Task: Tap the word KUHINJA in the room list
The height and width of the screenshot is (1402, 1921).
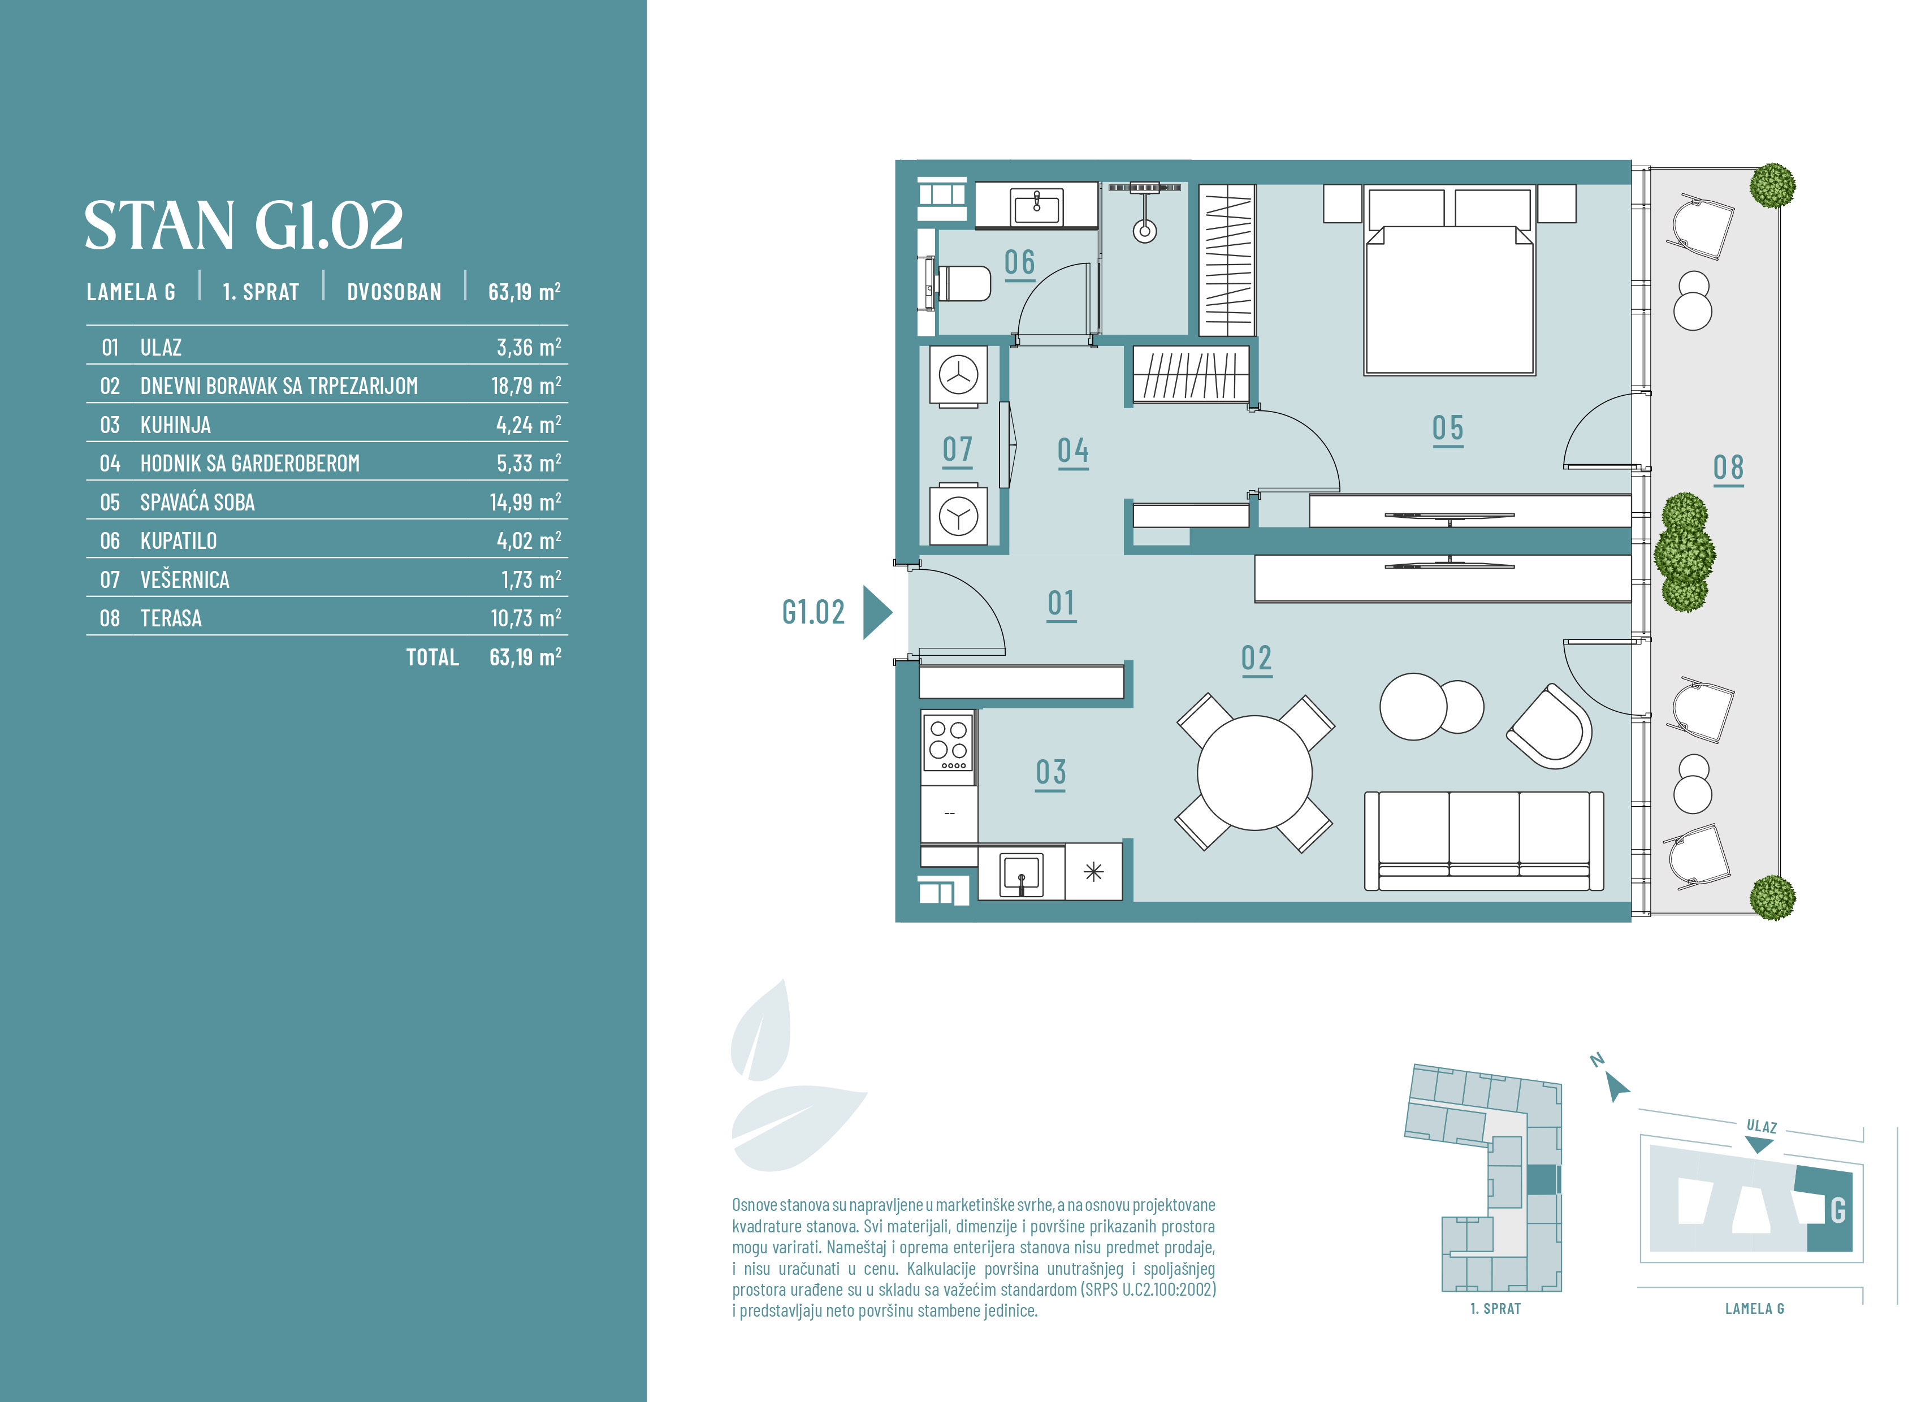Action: coord(176,425)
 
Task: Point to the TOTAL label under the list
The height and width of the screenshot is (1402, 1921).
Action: coord(432,657)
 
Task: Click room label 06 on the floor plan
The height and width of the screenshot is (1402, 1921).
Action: coord(1020,263)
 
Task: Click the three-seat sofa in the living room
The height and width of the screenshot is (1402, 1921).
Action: coord(1484,841)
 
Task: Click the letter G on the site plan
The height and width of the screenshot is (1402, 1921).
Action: coord(1838,1210)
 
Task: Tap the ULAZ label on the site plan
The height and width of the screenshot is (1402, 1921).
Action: coord(1762,1126)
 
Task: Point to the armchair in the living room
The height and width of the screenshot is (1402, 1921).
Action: coord(1550,726)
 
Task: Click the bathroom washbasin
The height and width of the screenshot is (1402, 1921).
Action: coord(1036,205)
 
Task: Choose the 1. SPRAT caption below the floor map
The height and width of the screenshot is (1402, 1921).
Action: coord(1495,1309)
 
